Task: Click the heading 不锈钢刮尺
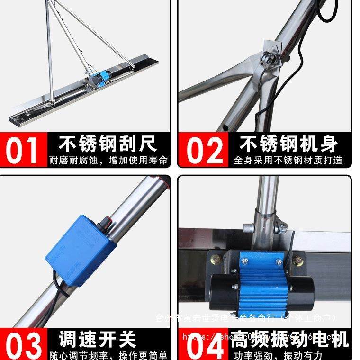pos(108,143)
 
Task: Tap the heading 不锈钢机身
pos(288,143)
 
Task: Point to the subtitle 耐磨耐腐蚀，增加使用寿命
pos(108,160)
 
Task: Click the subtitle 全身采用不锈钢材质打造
pos(288,160)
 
